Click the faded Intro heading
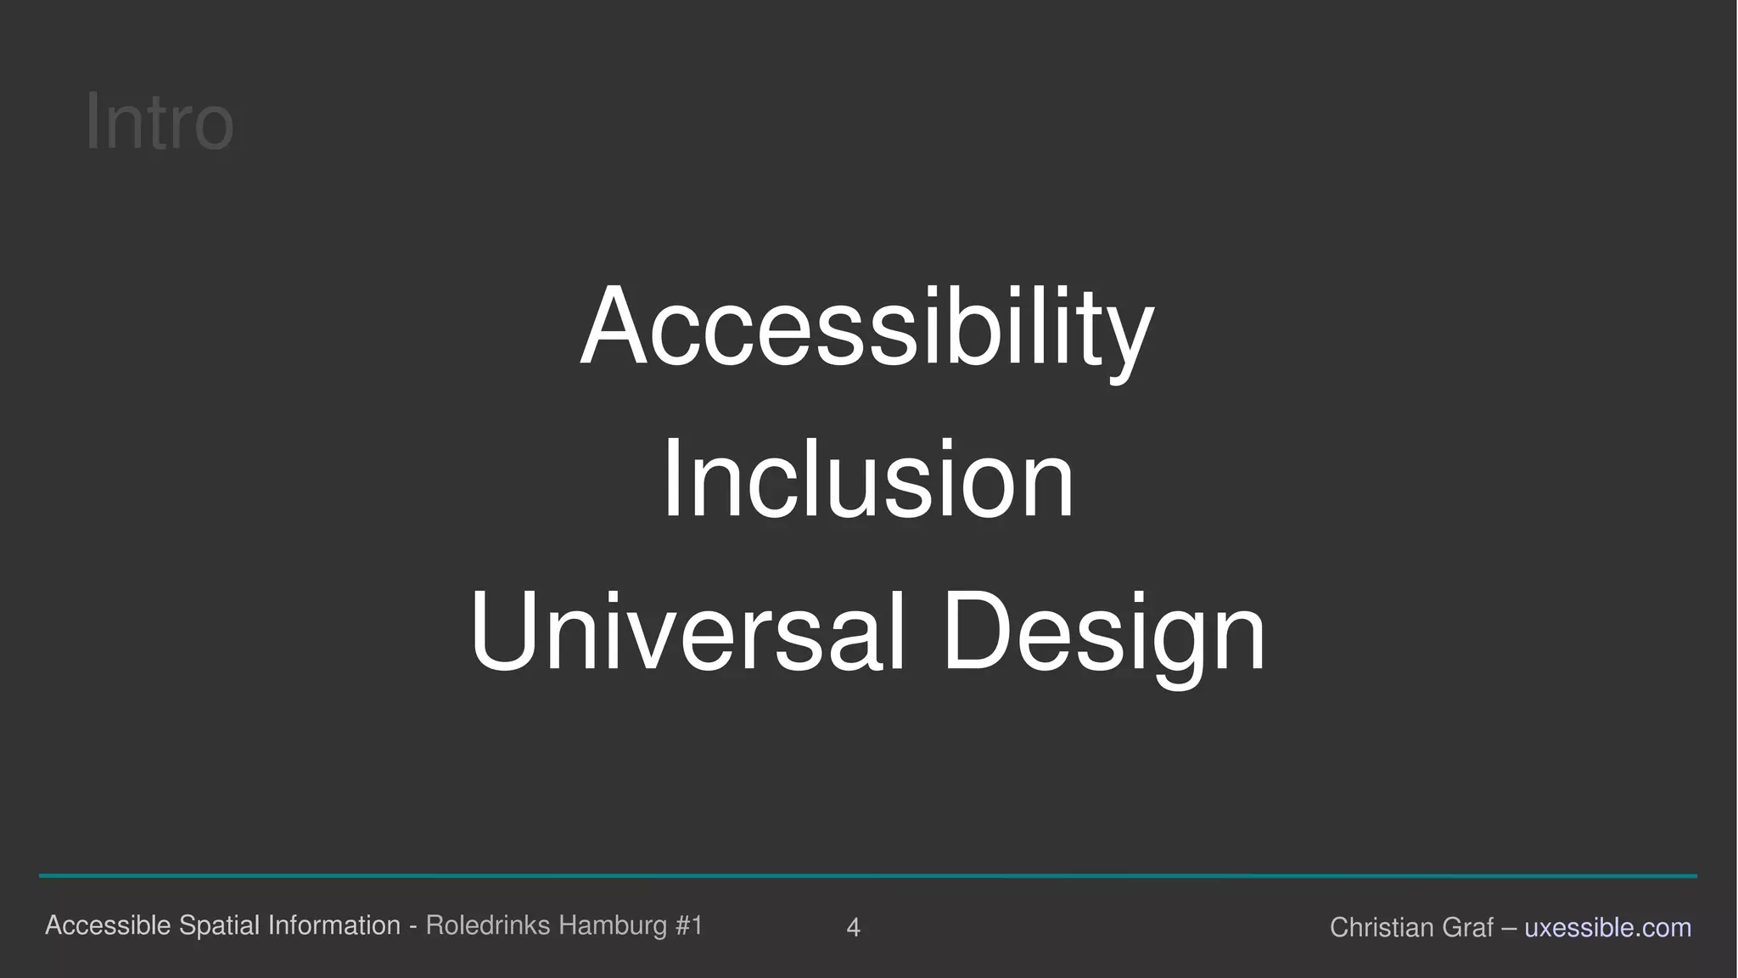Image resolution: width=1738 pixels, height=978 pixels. (160, 122)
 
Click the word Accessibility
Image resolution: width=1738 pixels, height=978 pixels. (866, 326)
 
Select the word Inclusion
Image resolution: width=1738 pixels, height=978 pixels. (867, 479)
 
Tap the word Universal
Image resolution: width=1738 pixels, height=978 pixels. (687, 632)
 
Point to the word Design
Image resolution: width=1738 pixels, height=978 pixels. (1103, 632)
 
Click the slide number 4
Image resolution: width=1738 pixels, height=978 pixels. (854, 928)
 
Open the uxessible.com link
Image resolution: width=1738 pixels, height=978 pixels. (1607, 928)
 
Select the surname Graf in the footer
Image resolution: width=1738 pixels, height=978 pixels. (1467, 928)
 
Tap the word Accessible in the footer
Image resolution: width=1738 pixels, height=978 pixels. (108, 925)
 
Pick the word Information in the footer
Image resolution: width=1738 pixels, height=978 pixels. (334, 925)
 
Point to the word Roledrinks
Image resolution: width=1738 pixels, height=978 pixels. (488, 925)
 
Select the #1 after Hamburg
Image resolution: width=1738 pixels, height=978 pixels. (689, 925)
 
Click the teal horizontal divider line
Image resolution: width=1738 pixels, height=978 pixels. (867, 875)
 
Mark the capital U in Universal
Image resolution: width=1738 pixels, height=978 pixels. (502, 632)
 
